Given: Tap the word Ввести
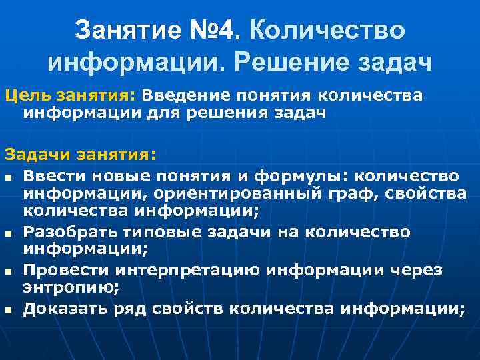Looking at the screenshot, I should tap(53, 175).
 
